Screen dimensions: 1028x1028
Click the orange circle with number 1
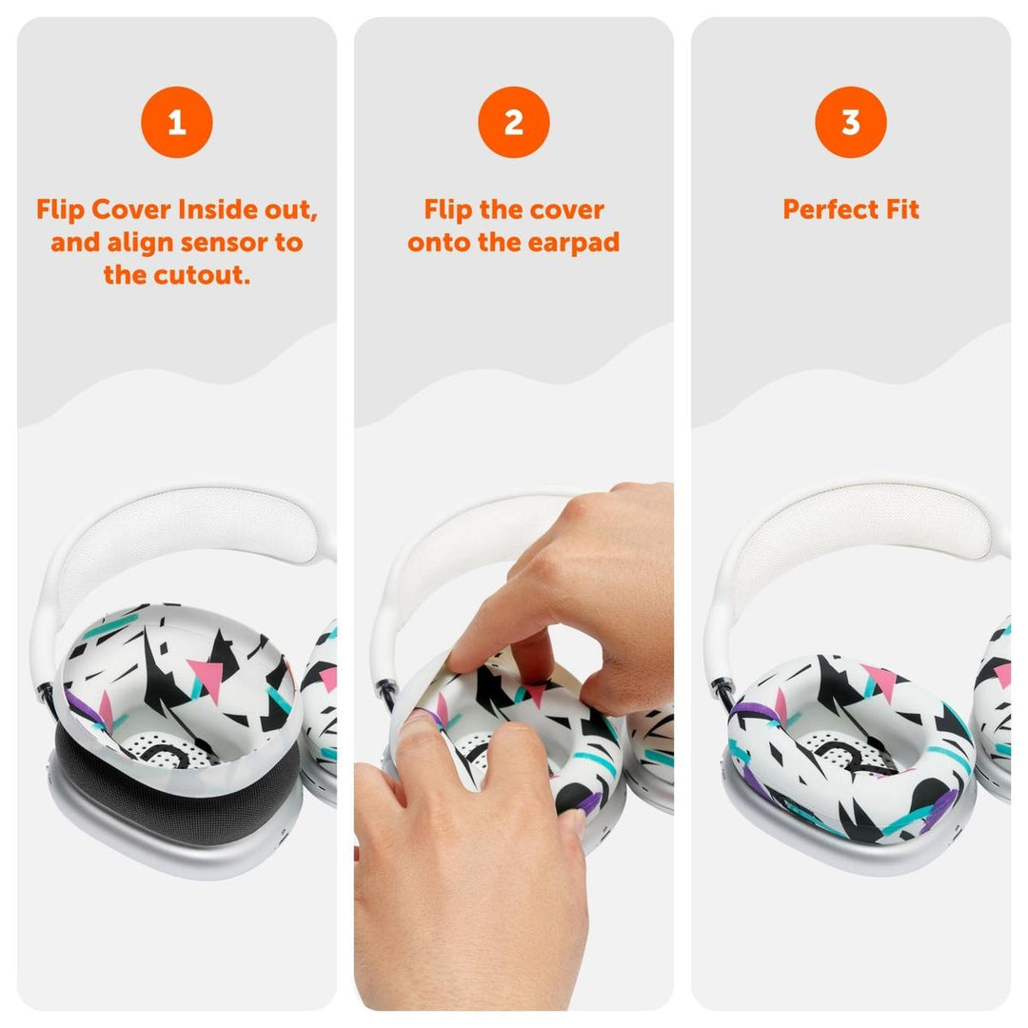[176, 122]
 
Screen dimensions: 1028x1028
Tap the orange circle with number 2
[514, 122]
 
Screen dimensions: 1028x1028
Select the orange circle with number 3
[850, 122]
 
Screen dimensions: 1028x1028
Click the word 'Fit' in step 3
[900, 210]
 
